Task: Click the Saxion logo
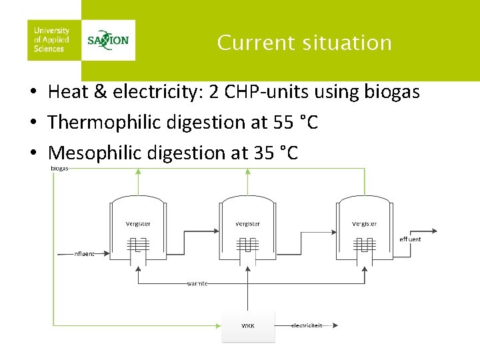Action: (108, 39)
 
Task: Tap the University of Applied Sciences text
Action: (51, 39)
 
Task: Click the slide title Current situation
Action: (304, 43)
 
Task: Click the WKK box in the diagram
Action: (248, 325)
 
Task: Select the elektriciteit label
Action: (307, 325)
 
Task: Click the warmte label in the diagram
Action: (197, 283)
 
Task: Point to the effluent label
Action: (410, 239)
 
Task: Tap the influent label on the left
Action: (84, 253)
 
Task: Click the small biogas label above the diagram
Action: (59, 168)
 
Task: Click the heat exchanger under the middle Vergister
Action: (248, 247)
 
